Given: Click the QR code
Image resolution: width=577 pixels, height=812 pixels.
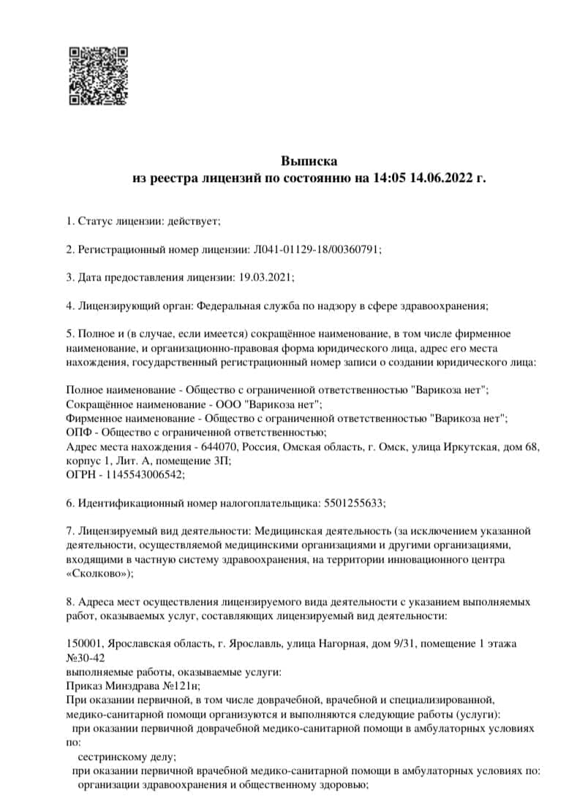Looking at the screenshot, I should tap(98, 76).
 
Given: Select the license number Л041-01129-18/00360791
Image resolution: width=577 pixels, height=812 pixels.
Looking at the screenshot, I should tap(317, 249).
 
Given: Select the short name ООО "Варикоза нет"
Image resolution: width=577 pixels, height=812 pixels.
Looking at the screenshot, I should tap(267, 404).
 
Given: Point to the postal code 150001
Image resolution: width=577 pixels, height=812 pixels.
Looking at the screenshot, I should tap(84, 643).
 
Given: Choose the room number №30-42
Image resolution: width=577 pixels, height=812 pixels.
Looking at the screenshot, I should tap(86, 657).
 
